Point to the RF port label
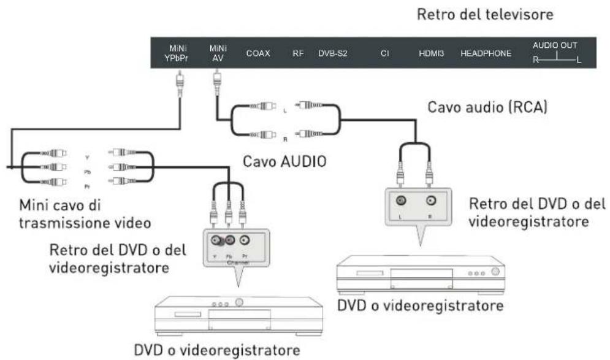pos(298,53)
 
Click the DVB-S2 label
pos(332,53)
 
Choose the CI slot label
pos(385,53)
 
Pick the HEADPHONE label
pos(486,53)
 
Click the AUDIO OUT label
pos(554,46)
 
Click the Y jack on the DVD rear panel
pos(216,241)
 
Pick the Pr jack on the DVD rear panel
pos(244,241)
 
